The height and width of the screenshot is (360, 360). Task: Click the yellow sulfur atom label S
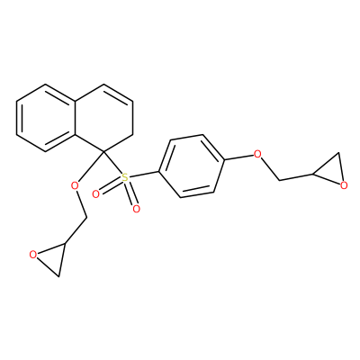point(125,177)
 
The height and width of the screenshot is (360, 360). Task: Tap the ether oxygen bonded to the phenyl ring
point(257,155)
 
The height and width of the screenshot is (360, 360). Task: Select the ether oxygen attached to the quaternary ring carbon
point(75,186)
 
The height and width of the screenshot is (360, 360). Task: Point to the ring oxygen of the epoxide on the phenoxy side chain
point(344,185)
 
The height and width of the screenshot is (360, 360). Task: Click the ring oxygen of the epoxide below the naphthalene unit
point(33,255)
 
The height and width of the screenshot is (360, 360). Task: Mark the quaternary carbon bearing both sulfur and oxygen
point(103,152)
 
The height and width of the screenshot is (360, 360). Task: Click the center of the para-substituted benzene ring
point(192,166)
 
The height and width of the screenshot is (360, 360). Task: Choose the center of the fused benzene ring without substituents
point(45,118)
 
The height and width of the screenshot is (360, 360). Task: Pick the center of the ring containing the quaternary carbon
point(103,118)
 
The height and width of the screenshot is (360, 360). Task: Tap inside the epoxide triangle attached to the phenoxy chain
point(331,171)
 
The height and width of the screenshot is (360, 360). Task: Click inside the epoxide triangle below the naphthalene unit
point(51,258)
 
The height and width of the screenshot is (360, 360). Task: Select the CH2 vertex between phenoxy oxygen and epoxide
point(280,180)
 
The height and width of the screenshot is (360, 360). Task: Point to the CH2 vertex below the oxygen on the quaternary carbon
point(86,217)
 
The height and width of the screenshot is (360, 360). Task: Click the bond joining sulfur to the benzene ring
point(144,175)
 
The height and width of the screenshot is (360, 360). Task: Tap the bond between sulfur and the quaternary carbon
point(112,164)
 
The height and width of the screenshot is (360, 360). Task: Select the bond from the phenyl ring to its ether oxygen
point(239,157)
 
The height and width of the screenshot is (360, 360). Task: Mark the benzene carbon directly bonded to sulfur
point(158,172)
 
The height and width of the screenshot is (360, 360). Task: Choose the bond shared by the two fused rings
point(75,118)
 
